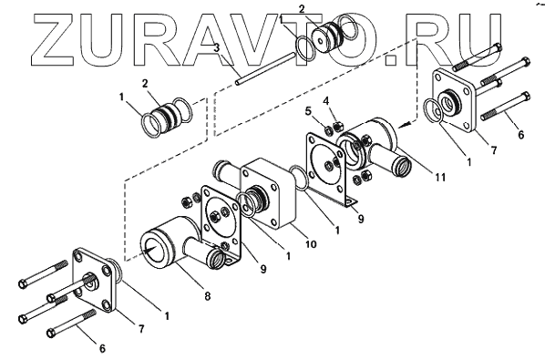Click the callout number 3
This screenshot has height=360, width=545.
216,48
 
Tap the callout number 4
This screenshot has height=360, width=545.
325,101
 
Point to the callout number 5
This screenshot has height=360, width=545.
308,112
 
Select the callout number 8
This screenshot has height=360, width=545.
207,296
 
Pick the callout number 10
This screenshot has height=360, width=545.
311,244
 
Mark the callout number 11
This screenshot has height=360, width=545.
440,178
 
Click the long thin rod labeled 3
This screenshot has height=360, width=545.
265,68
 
